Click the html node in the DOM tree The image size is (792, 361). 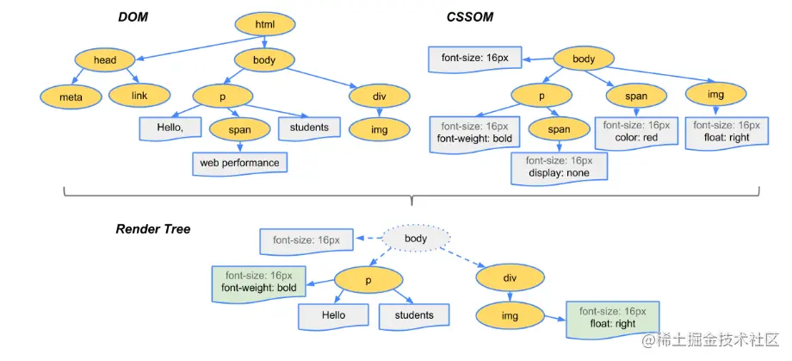[264, 24]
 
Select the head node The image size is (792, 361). [105, 59]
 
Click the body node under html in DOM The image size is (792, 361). [265, 59]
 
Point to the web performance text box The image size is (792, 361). [239, 162]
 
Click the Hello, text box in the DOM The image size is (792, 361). [170, 128]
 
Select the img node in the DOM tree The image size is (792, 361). [379, 129]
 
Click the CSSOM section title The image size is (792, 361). [470, 16]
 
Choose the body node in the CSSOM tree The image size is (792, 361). [584, 59]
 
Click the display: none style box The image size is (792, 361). [559, 166]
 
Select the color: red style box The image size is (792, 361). [637, 131]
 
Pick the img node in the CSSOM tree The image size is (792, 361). [715, 94]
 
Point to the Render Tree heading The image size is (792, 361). [153, 229]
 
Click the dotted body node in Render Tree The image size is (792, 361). [416, 238]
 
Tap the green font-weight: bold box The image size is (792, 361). [258, 281]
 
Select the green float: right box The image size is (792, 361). [613, 317]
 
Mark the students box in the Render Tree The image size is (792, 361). [414, 315]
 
